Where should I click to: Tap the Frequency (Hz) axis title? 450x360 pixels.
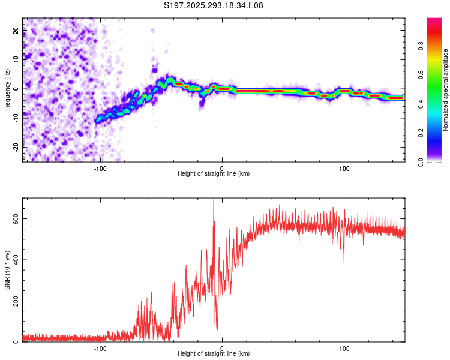pyautogui.click(x=7, y=89)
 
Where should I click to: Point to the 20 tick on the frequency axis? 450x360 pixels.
pyautogui.click(x=16, y=30)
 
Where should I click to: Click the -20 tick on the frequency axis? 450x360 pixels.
pyautogui.click(x=16, y=147)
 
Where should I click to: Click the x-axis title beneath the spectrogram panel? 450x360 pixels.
pyautogui.click(x=214, y=173)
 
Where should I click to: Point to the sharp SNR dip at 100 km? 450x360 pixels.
pyautogui.click(x=344, y=262)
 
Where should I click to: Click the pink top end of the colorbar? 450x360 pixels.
pyautogui.click(x=434, y=20)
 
